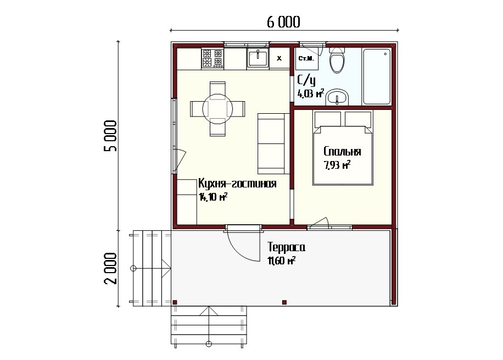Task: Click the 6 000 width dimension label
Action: [283, 22]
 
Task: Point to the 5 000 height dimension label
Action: [111, 136]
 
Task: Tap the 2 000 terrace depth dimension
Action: [111, 268]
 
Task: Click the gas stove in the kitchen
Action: [213, 58]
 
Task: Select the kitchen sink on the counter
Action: [258, 58]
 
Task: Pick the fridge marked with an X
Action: [279, 58]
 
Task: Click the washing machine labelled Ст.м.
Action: [306, 58]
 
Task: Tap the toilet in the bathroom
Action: [337, 60]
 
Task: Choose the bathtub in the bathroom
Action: [377, 76]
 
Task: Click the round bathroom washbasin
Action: [337, 97]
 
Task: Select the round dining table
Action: [217, 109]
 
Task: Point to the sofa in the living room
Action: [271, 143]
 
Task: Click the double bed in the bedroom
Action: [343, 148]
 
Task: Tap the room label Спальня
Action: [342, 151]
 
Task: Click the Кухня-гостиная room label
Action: [237, 184]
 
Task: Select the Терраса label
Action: [286, 247]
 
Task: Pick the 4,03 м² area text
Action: [311, 94]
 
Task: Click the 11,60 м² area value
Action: [281, 261]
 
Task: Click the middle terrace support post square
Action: [284, 302]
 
